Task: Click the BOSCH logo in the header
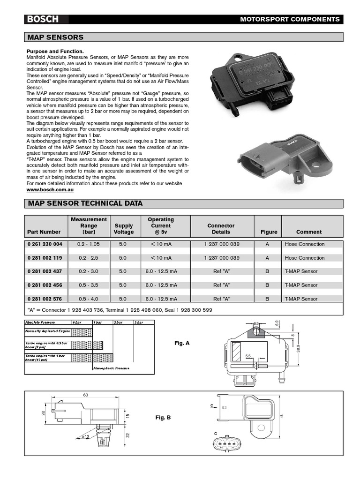(x=42, y=19)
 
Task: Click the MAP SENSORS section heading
(x=55, y=37)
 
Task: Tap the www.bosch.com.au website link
(x=50, y=190)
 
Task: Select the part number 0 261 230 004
(x=44, y=244)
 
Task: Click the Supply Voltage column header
(x=124, y=229)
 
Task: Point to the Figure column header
(x=269, y=232)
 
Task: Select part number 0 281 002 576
(x=44, y=299)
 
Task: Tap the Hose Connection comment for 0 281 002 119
(x=304, y=258)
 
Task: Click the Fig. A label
(x=182, y=343)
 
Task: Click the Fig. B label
(x=163, y=417)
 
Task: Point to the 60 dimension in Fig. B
(x=86, y=395)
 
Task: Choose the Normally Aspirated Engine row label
(x=47, y=331)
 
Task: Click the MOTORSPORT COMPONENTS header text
(x=290, y=19)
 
